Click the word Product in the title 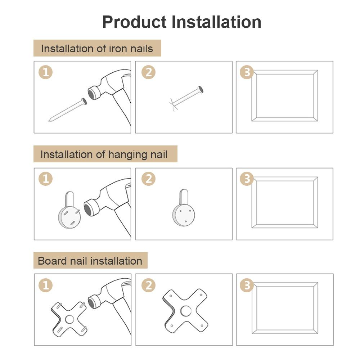coord(134,22)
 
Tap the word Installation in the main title coord(216,22)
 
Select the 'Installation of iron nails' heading coord(97,49)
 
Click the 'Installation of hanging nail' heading coord(104,154)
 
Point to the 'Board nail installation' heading coord(90,261)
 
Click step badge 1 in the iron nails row coord(45,72)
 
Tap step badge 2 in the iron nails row coord(149,72)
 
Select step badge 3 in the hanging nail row coord(247,179)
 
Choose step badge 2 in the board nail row coord(149,285)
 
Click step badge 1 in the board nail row coord(45,285)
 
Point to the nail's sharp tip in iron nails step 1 coord(49,120)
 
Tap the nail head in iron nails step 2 coord(201,89)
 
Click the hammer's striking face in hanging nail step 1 coord(88,209)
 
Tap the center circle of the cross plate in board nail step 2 coord(186,311)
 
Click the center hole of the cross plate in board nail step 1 coord(69,319)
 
